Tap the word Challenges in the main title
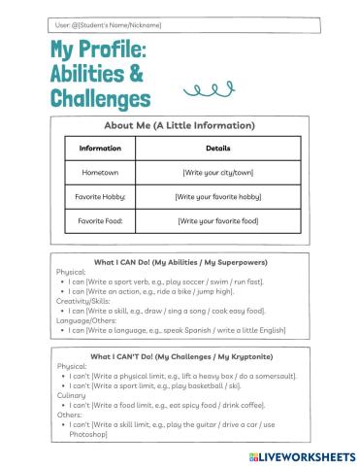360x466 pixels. [101, 98]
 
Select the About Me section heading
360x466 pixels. [180, 125]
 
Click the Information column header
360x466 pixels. [100, 149]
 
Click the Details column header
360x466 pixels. [218, 149]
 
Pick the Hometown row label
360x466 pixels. [100, 172]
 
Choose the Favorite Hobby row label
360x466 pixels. [100, 196]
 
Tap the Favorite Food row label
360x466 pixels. [100, 220]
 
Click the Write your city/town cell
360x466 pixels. [218, 172]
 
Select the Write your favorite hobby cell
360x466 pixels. [218, 196]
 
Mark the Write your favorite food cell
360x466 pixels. [218, 220]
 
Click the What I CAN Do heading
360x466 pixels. [180, 262]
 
